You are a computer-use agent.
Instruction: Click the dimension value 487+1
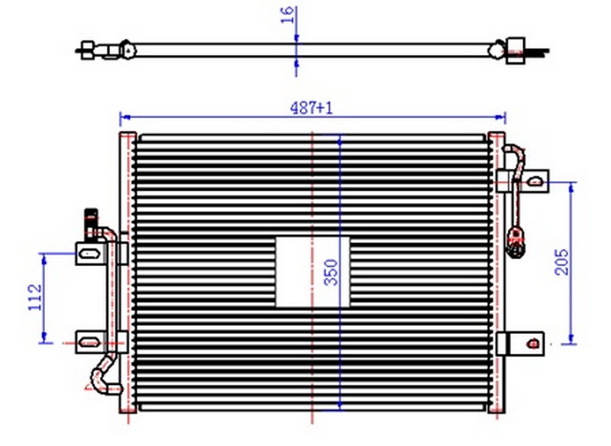[x=312, y=107]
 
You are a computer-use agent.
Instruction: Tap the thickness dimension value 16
[x=287, y=15]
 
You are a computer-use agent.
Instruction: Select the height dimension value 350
[x=331, y=272]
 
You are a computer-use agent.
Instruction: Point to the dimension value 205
[x=561, y=262]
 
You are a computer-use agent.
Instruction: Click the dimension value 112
[x=35, y=297]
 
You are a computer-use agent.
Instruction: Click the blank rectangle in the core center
[x=312, y=272]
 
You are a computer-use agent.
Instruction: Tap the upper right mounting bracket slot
[x=535, y=181]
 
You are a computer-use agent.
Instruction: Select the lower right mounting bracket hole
[x=532, y=343]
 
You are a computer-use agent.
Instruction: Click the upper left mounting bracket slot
[x=89, y=254]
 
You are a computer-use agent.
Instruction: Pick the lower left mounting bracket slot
[x=89, y=342]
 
